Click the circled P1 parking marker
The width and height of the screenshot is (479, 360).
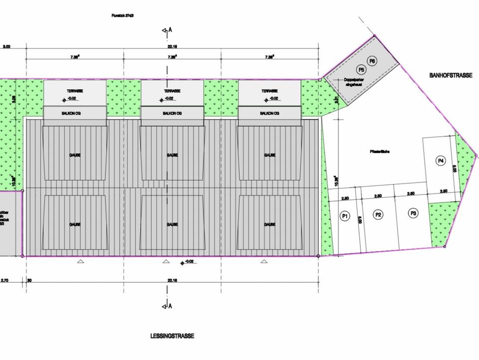[x=344, y=216]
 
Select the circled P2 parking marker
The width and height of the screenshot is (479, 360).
[x=378, y=215]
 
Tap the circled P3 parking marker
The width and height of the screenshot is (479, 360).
[x=413, y=213]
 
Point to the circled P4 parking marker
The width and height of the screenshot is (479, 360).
[x=440, y=161]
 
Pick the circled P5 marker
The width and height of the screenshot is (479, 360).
[x=362, y=69]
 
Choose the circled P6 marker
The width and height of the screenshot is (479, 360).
[x=372, y=61]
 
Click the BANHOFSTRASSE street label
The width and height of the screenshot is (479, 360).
[x=451, y=75]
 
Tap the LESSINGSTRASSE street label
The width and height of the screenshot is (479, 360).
[x=172, y=336]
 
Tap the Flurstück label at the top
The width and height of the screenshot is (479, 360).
[x=122, y=16]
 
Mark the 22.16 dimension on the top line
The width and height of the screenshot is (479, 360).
[x=173, y=47]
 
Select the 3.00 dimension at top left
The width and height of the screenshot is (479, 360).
[x=6, y=47]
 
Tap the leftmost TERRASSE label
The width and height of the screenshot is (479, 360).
[x=75, y=91]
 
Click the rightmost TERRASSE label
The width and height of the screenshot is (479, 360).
[x=269, y=91]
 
